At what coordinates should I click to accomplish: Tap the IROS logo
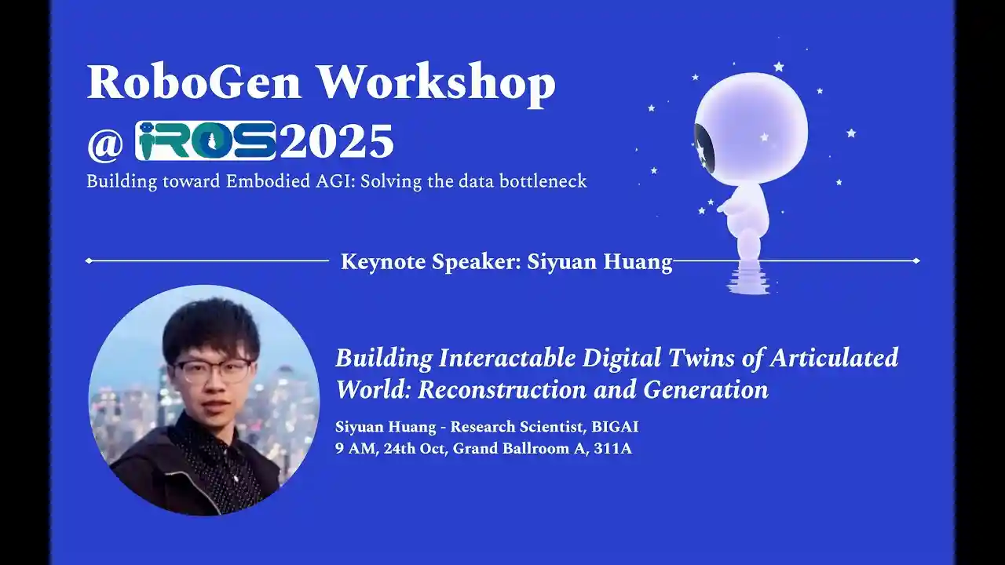pos(206,141)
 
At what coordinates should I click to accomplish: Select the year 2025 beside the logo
pos(336,142)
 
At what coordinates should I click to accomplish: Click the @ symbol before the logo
pos(104,143)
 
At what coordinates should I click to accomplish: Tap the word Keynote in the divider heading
pos(383,261)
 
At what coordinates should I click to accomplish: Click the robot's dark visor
pos(703,146)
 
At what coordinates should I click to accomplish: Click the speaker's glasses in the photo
pos(213,369)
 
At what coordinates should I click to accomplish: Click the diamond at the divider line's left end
pos(89,261)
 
